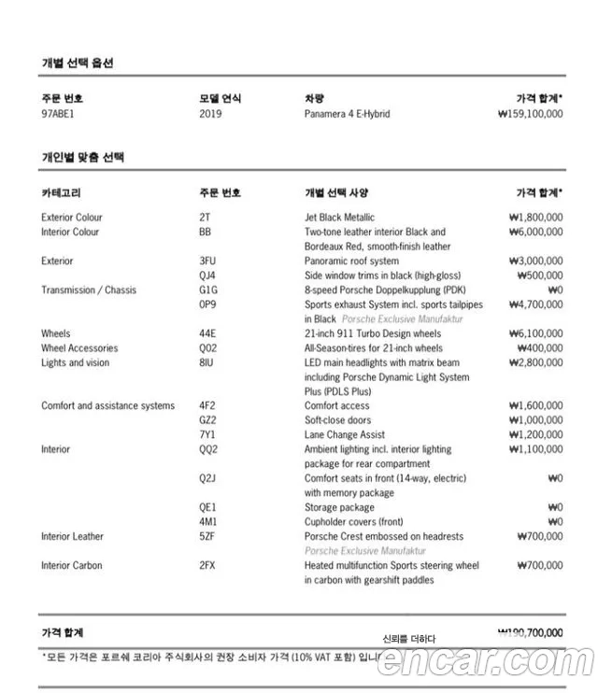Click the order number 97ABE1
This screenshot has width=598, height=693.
pyautogui.click(x=58, y=114)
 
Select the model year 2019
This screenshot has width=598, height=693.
pyautogui.click(x=211, y=114)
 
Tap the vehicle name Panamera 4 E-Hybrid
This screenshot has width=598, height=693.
pyautogui.click(x=347, y=114)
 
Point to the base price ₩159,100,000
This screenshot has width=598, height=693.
pyautogui.click(x=531, y=114)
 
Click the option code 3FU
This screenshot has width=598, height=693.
pyautogui.click(x=208, y=262)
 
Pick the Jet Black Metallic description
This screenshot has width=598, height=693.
pyautogui.click(x=339, y=218)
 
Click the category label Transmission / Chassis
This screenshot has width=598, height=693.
pyautogui.click(x=89, y=290)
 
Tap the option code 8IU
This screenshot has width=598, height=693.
pyautogui.click(x=207, y=362)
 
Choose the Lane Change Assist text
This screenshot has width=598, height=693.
pyautogui.click(x=345, y=435)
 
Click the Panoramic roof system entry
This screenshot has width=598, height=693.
pyautogui.click(x=351, y=262)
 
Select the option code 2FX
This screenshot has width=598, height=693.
pyautogui.click(x=208, y=566)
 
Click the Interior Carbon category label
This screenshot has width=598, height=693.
pyautogui.click(x=72, y=566)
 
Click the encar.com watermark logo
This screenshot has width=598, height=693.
pyautogui.click(x=486, y=663)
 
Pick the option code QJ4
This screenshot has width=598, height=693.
pyautogui.click(x=207, y=276)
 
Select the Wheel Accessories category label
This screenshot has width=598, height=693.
pyautogui.click(x=79, y=348)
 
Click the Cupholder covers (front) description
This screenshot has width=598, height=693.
pyautogui.click(x=354, y=522)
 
